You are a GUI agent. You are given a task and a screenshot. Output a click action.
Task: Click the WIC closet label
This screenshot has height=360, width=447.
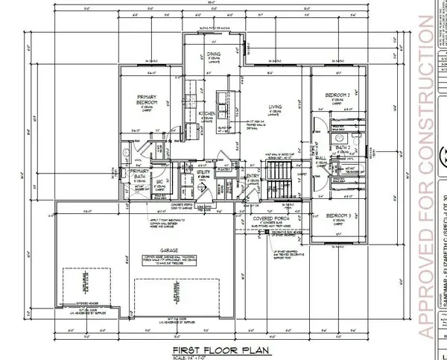point(159,181)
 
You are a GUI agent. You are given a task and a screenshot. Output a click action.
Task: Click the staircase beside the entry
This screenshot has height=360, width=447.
point(277,181)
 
